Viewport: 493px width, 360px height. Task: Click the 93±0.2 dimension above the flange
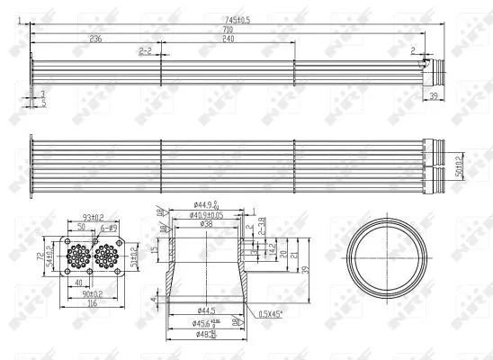coord(94,216)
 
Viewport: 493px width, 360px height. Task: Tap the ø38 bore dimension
coord(208,224)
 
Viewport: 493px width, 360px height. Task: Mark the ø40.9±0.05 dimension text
coord(210,214)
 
